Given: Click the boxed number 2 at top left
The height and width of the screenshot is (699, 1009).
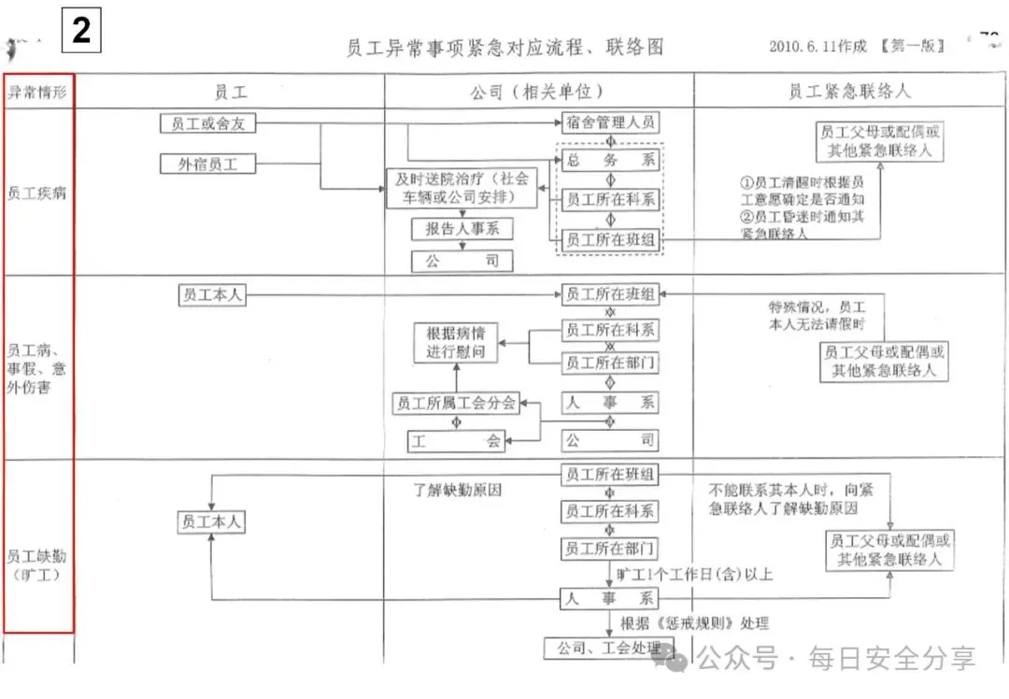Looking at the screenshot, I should click(x=81, y=30).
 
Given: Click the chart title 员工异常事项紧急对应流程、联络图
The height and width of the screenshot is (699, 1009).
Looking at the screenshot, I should click(x=504, y=48).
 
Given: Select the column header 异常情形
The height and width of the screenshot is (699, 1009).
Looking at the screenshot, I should click(x=37, y=92).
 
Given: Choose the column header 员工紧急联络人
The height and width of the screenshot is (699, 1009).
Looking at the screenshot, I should click(x=849, y=92).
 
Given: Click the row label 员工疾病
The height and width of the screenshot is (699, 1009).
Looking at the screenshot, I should click(x=37, y=193).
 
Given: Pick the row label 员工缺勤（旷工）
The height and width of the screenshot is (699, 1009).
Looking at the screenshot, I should click(x=37, y=565).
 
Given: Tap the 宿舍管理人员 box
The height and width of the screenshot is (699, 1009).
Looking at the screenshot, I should click(x=610, y=122).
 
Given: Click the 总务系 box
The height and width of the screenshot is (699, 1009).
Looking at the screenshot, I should click(x=610, y=161).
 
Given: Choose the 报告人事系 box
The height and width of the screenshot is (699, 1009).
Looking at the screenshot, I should click(x=462, y=228).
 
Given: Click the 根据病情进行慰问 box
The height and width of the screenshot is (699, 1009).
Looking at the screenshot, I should click(x=457, y=343).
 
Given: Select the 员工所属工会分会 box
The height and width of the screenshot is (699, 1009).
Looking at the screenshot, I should click(x=456, y=404).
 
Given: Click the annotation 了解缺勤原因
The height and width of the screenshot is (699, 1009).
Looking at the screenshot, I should click(x=458, y=489).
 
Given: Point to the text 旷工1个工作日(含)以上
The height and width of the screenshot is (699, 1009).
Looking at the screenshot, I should click(x=694, y=574).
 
